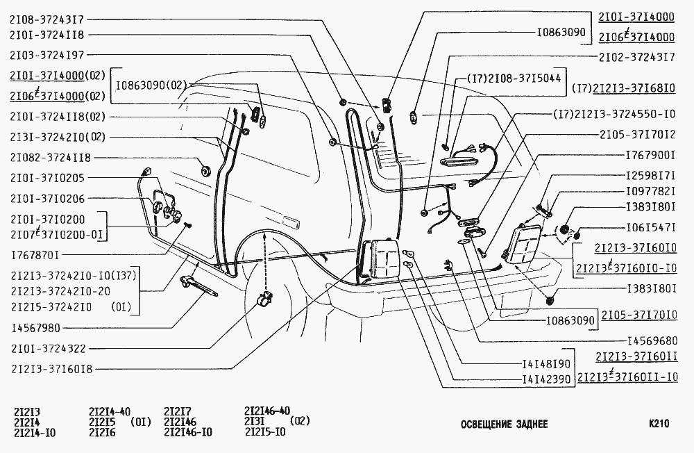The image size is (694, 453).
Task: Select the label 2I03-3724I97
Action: [47, 54]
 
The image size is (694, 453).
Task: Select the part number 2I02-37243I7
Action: [636, 58]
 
